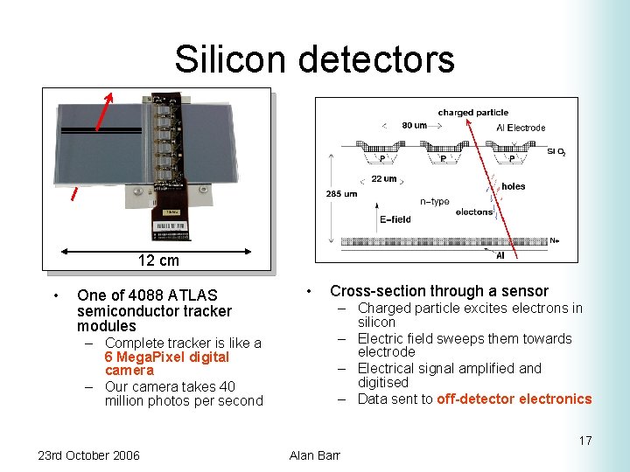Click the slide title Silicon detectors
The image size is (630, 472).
(x=314, y=59)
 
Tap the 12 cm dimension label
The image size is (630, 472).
(x=158, y=260)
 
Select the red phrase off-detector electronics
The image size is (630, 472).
(x=514, y=399)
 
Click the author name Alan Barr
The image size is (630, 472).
(x=314, y=455)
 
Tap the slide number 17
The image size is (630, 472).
(x=584, y=441)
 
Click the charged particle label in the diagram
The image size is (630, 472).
(x=472, y=113)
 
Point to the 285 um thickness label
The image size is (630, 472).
(x=342, y=193)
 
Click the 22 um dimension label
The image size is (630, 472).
(x=384, y=178)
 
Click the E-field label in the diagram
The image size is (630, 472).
(x=395, y=219)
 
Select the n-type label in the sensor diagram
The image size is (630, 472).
(x=435, y=202)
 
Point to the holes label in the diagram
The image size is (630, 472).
(x=514, y=185)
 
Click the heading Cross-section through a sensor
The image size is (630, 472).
(x=438, y=291)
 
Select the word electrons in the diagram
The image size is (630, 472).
(x=474, y=212)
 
